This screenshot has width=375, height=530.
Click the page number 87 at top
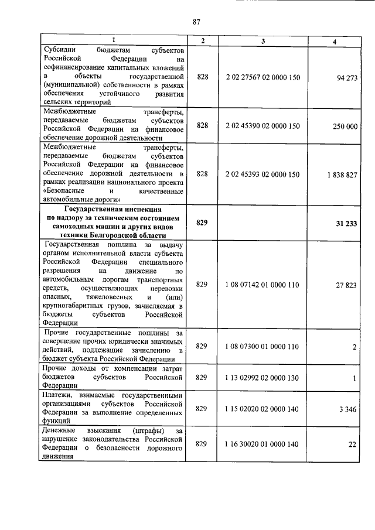coord(197,23)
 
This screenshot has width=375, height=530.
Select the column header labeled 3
coord(262,40)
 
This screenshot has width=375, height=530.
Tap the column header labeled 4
coord(333,40)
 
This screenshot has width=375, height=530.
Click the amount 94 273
coord(347,77)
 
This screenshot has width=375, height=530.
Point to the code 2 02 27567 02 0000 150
coord(262,77)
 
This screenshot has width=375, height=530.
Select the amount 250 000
coord(345,125)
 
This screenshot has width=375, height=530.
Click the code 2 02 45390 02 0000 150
coord(262,125)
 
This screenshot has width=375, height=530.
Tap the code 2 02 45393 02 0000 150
coord(262,175)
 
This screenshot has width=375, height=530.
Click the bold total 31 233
coord(346,223)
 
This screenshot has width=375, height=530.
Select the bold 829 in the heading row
coord(202,223)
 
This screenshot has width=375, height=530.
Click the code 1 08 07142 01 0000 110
coord(262,284)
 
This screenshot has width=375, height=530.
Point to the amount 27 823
coord(347,284)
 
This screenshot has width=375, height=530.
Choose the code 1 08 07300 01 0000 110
coord(262,346)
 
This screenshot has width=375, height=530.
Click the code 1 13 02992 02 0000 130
coord(262,378)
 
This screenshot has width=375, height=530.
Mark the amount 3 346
coord(348,408)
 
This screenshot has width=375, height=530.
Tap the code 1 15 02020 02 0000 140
coord(262,408)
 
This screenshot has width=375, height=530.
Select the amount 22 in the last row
coord(352,444)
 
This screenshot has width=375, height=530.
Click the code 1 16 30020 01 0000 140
coord(262,444)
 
